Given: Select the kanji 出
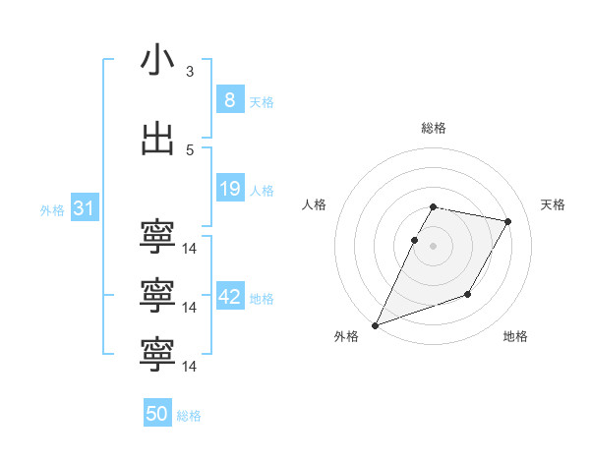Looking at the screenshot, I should point(157,139).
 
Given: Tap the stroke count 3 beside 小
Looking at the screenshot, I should point(190,71).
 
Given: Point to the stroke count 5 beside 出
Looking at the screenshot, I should point(190,149).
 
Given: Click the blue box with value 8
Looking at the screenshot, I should point(229,100).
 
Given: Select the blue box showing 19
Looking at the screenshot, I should point(229,189).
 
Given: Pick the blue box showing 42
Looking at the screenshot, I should point(230,297).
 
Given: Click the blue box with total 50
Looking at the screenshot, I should point(156,415).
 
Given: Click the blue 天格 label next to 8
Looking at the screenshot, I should point(262,102).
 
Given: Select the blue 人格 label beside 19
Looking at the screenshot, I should point(262,191).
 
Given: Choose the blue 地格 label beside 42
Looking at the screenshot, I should point(262,299).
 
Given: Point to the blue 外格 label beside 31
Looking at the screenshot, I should point(52,210).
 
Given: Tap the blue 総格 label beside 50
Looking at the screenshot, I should point(189,417).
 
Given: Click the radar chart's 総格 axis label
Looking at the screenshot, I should point(433,128).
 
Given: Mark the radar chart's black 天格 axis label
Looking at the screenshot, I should point(554,204).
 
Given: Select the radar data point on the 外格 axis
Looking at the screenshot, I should point(375,324).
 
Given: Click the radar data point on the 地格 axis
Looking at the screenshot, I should point(468,294).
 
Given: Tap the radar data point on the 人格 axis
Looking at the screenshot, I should point(414,240).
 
